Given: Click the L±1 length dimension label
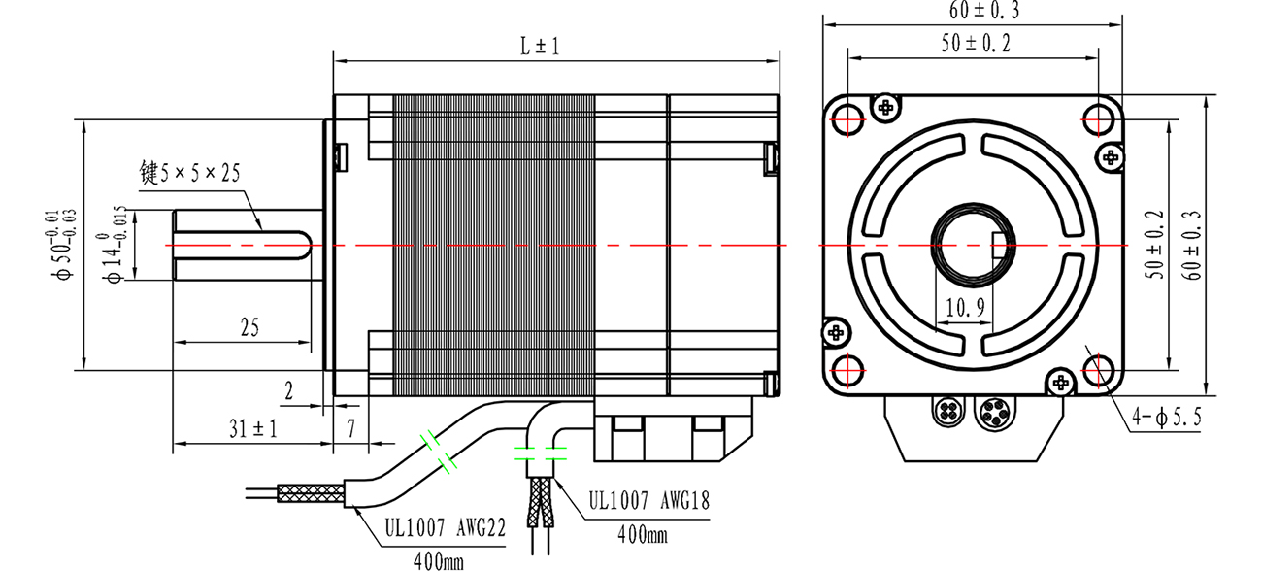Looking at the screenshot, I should coord(540,46).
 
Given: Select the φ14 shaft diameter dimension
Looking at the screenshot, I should coord(117,246).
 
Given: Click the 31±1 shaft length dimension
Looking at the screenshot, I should coord(252,428).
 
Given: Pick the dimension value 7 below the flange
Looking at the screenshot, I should coord(350,428).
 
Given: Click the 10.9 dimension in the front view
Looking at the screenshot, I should coord(966,307).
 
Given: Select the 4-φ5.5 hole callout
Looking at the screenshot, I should coord(1168,419).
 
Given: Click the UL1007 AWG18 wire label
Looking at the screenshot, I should coord(648,502).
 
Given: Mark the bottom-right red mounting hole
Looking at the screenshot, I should coord(1100,369).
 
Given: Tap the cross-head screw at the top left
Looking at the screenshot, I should coord(883,107).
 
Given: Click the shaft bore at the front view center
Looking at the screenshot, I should coord(972,244).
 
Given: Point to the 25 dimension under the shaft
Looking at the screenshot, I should coord(249,327).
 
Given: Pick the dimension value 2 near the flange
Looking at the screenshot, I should coord(288,391).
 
